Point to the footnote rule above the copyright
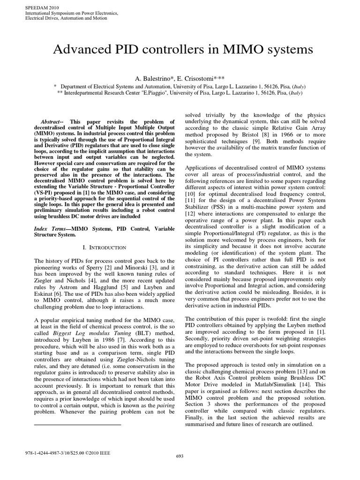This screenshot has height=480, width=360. pyautogui.click(x=78, y=424)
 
